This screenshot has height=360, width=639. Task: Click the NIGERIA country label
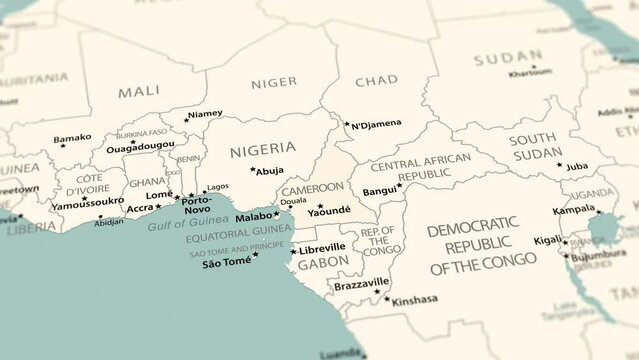pyautogui.click(x=262, y=150)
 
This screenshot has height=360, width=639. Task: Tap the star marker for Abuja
pyautogui.click(x=253, y=169)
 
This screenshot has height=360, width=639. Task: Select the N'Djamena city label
pyautogui.click(x=376, y=124)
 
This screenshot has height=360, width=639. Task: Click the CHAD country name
pyautogui.click(x=376, y=80)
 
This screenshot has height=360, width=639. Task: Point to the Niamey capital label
pyautogui.click(x=206, y=114)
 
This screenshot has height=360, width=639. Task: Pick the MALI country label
pyautogui.click(x=139, y=91)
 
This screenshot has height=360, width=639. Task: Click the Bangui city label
pyautogui.click(x=379, y=190)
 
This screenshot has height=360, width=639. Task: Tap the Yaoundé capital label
pyautogui.click(x=329, y=211)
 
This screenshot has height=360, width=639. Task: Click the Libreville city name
pyautogui.click(x=323, y=246)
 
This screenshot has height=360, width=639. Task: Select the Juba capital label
pyautogui.click(x=577, y=166)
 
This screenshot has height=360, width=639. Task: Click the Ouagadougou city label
pyautogui.click(x=140, y=145)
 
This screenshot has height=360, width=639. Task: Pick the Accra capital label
pyautogui.click(x=140, y=208)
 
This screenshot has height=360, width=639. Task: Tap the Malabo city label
pyautogui.click(x=254, y=215)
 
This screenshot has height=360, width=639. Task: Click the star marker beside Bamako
pyautogui.click(x=63, y=146)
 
